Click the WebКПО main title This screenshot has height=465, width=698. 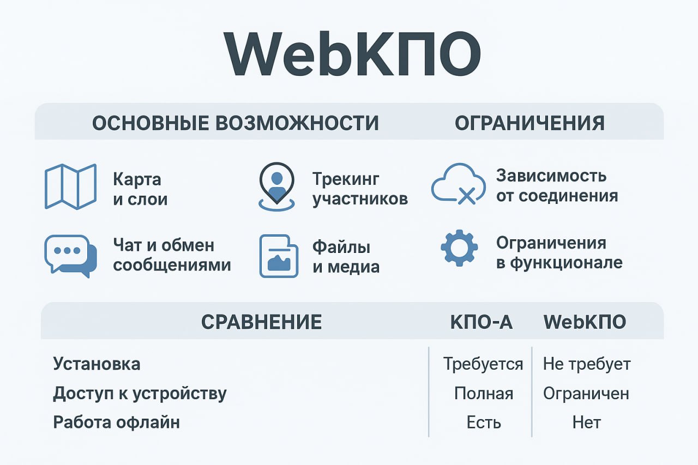coord(352,54)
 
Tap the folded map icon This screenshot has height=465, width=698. coord(71,186)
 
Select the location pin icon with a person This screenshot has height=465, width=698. coord(276,186)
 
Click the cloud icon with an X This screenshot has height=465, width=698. coord(459,184)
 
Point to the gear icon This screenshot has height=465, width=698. coord(459,248)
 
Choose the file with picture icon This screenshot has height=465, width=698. coord(279,256)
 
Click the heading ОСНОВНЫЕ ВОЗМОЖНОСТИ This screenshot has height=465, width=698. coord(235,123)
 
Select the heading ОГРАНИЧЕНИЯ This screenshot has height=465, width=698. coord(529,123)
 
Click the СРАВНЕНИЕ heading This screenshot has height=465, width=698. coord(261,322)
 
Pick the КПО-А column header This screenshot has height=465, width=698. coord(482,322)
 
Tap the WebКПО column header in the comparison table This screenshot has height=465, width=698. coord(585,322)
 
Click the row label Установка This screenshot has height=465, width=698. coord(97,364)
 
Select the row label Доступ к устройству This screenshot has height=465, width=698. coord(140,394)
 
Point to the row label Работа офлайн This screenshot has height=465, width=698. coord(117,422)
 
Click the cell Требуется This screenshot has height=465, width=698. coord(483,364)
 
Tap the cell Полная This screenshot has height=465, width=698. coord(484,394)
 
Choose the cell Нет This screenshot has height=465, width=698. coord(586,422)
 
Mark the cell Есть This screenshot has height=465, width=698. coord(484,422)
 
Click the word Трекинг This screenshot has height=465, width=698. coord(346,179)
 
